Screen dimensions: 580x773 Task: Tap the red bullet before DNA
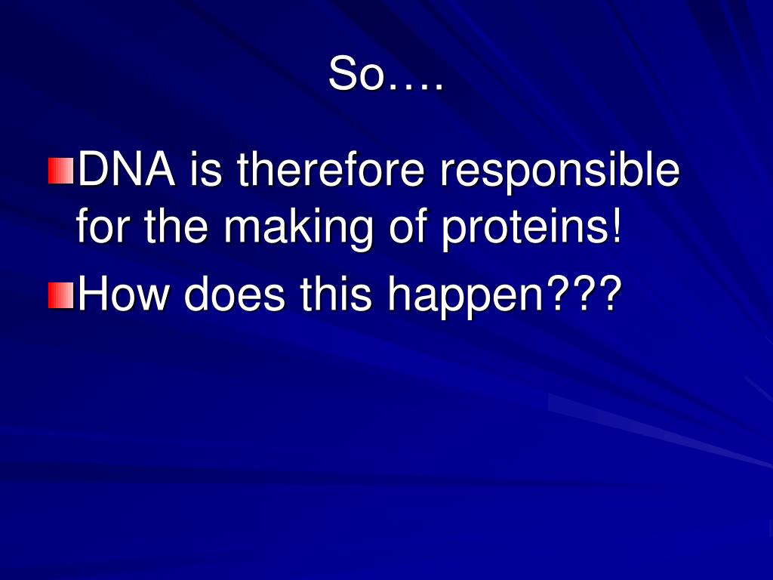[60, 171]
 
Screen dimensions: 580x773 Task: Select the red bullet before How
[60, 295]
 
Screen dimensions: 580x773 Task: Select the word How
[123, 295]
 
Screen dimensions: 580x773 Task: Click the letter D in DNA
[91, 171]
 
